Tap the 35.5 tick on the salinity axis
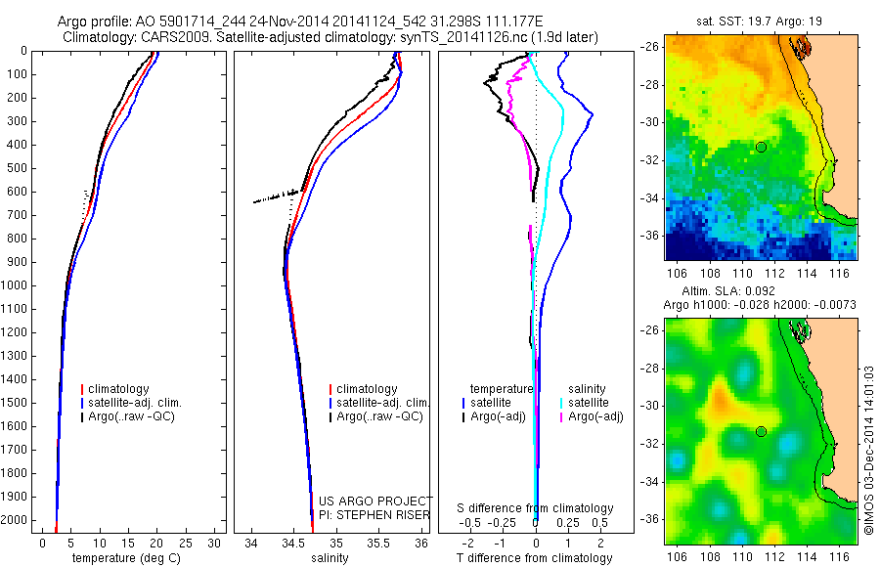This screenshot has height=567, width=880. pyautogui.click(x=378, y=543)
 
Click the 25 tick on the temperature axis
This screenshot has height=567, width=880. pyautogui.click(x=186, y=543)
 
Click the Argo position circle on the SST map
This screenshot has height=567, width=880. pyautogui.click(x=761, y=147)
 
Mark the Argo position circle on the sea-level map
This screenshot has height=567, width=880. pyautogui.click(x=761, y=431)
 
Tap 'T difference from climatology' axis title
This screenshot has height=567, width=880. pyautogui.click(x=536, y=558)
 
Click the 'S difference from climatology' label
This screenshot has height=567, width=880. pyautogui.click(x=536, y=508)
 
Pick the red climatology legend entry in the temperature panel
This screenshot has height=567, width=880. pyautogui.click(x=117, y=389)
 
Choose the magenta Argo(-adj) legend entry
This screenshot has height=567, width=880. pyautogui.click(x=594, y=416)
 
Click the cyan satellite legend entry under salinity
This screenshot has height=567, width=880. pyautogui.click(x=588, y=403)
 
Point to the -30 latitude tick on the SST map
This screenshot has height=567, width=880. pyautogui.click(x=652, y=122)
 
